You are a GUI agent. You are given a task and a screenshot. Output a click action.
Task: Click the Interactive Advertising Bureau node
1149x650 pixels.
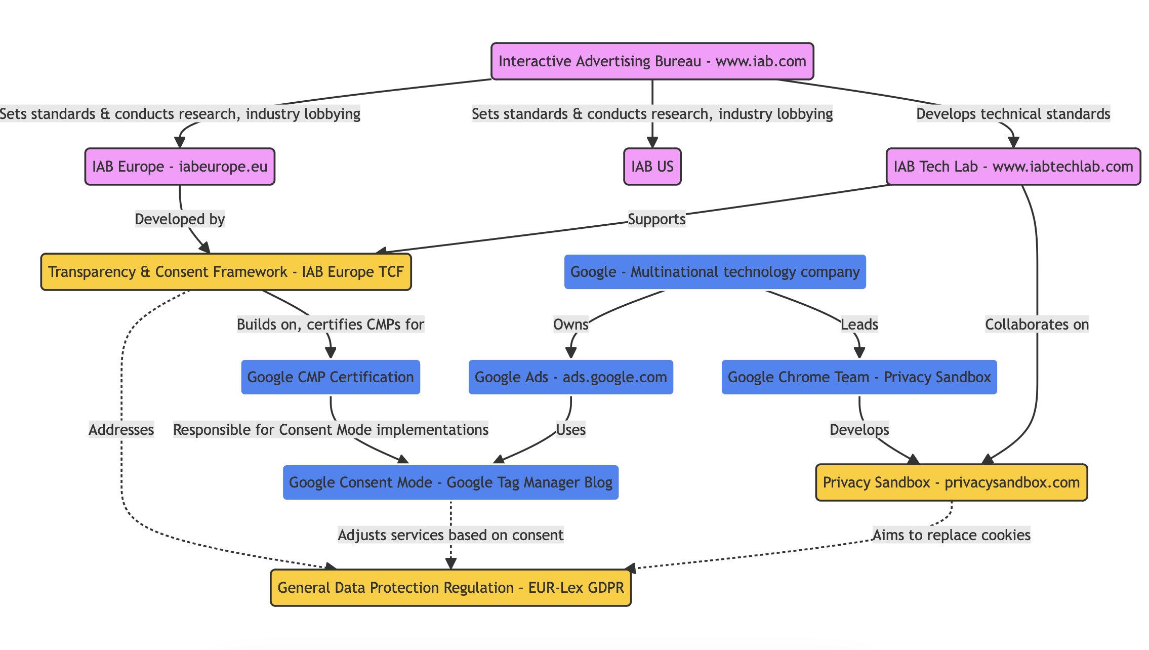point(652,61)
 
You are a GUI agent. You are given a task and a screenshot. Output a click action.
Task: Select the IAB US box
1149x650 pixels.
point(652,167)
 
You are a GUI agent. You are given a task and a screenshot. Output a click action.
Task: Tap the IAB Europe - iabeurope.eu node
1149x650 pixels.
point(180,167)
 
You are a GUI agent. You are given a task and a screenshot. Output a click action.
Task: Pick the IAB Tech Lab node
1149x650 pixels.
point(1013,167)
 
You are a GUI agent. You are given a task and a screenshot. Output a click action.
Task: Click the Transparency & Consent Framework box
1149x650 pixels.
point(226,272)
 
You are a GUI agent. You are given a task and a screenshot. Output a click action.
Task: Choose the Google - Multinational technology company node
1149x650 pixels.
point(715,272)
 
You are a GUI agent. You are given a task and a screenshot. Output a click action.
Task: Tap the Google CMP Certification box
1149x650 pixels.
point(331,377)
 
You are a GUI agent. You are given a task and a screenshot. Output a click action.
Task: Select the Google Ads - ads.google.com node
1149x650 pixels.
point(570,377)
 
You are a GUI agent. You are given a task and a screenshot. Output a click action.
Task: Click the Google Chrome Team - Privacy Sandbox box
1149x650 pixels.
point(859,377)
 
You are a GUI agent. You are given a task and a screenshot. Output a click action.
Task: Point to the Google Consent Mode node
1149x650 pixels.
point(450,482)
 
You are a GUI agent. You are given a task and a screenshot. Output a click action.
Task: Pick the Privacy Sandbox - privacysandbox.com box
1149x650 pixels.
point(951,482)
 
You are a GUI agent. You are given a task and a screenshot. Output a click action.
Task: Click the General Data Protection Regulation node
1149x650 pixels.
point(450,588)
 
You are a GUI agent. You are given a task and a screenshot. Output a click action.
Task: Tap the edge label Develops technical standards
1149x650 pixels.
point(1013,114)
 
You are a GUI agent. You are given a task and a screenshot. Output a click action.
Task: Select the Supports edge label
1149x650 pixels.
point(656,219)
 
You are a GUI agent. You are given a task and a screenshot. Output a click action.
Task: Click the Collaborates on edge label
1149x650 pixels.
point(1037,324)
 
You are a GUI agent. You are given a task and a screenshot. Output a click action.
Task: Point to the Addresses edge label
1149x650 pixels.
point(121,430)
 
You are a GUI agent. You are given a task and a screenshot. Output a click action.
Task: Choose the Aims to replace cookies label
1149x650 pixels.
point(951,535)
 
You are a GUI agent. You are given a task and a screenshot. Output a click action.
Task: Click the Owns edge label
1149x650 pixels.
point(570,324)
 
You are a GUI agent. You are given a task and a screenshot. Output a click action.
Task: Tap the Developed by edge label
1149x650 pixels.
point(180,219)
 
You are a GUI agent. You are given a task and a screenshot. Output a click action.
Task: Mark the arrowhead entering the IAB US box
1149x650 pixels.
point(652,144)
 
